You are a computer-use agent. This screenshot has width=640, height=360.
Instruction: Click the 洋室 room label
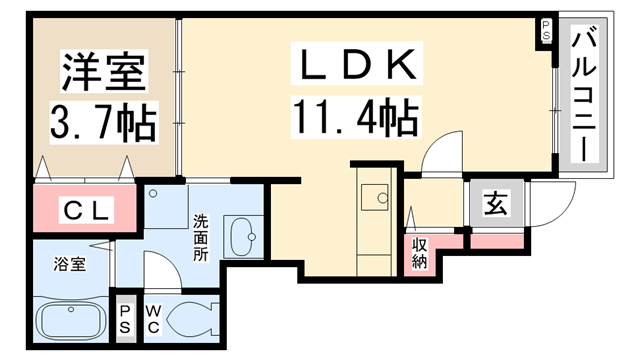(104, 71)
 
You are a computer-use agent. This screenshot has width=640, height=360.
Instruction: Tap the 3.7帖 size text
(104, 124)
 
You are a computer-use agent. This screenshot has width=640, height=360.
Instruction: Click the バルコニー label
(584, 97)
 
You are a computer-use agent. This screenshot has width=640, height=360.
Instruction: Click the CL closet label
(88, 210)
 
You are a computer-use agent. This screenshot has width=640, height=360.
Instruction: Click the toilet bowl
(196, 320)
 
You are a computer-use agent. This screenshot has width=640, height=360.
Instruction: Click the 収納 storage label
(418, 253)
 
